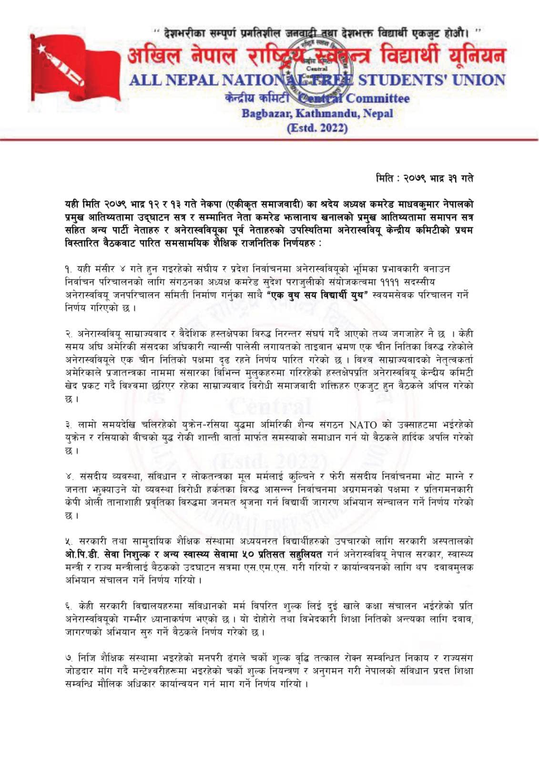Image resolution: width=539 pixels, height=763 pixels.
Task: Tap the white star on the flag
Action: (42, 48)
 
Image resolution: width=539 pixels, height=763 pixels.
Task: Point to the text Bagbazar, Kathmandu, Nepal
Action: (317, 113)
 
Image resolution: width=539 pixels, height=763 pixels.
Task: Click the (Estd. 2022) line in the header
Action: (317, 128)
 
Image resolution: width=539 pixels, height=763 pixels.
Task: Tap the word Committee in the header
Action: (377, 99)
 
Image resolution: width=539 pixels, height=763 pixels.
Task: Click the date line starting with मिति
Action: (424, 178)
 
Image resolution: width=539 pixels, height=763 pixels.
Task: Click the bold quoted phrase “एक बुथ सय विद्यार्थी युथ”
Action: (318, 295)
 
